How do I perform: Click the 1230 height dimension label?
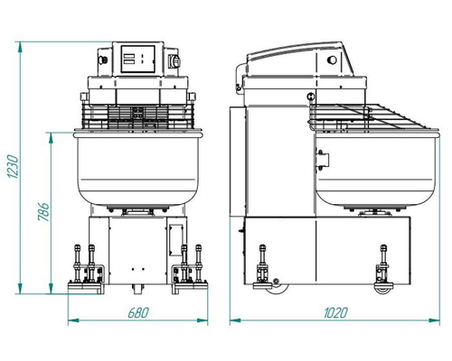pyautogui.click(x=13, y=166)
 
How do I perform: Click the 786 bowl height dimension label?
pyautogui.click(x=43, y=212)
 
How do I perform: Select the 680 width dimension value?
pyautogui.click(x=138, y=312)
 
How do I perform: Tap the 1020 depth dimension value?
pyautogui.click(x=335, y=312)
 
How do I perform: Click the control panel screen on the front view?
pyautogui.click(x=138, y=59)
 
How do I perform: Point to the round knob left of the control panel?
pyautogui.click(x=103, y=60)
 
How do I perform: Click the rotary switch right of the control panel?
pyautogui.click(x=175, y=61)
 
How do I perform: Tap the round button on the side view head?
pyautogui.click(x=333, y=60)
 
